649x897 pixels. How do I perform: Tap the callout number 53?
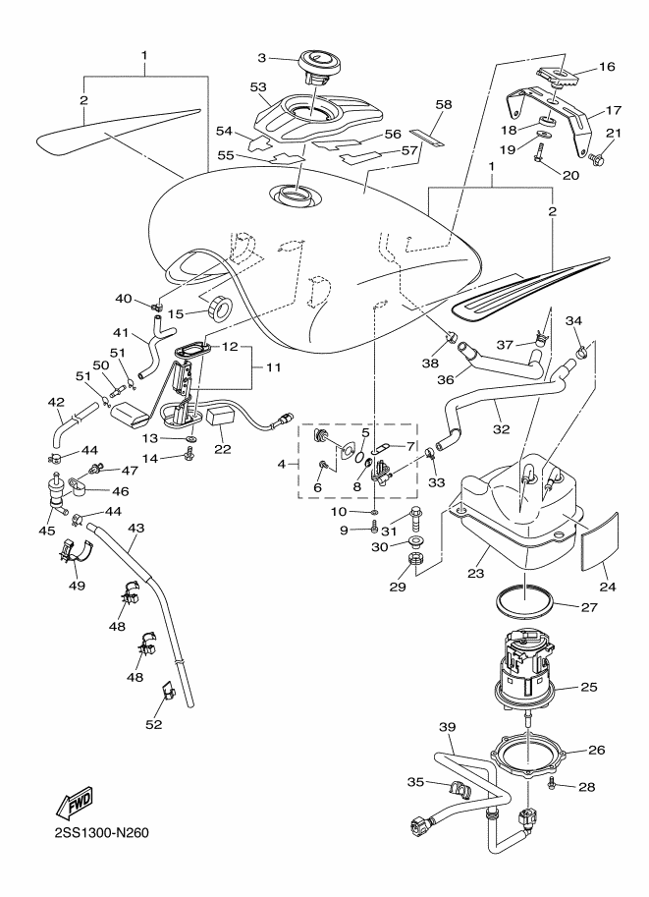pyautogui.click(x=259, y=87)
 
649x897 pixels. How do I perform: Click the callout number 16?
pyautogui.click(x=607, y=67)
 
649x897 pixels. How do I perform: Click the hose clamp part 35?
pyautogui.click(x=459, y=789)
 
